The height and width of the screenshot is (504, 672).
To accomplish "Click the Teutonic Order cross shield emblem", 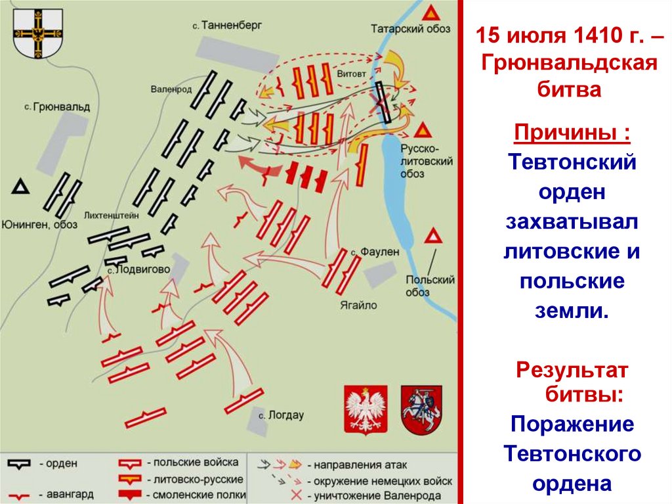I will click(x=38, y=33).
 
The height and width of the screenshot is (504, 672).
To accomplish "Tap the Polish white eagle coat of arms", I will click(x=366, y=409).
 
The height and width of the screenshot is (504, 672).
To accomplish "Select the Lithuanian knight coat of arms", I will click(x=421, y=409).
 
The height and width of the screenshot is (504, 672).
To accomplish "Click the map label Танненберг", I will click(x=230, y=25).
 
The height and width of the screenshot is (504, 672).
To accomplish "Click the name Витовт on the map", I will click(x=351, y=74).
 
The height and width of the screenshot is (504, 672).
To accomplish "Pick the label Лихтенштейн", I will click(x=110, y=215).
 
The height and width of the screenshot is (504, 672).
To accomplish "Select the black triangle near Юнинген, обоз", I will click(x=21, y=188).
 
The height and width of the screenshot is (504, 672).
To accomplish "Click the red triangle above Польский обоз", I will click(x=432, y=237).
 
